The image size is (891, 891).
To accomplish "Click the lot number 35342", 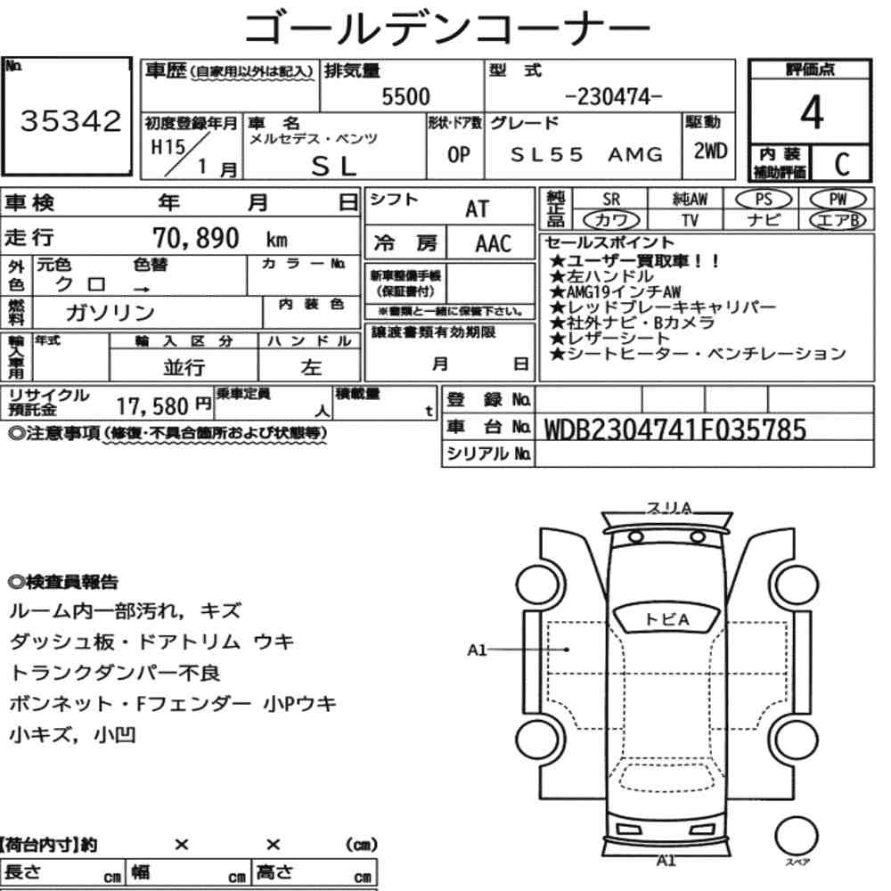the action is tap(71, 120).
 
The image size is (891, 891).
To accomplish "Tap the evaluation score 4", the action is tap(812, 112).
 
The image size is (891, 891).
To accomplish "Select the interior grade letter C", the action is tap(842, 164).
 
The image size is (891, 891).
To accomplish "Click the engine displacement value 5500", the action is tap(405, 96).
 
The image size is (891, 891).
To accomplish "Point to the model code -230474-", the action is tap(614, 96).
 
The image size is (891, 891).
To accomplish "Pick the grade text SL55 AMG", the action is tap(586, 154).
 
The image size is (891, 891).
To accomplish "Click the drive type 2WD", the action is tap(710, 151).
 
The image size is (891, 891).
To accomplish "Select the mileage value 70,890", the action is tap(196, 238).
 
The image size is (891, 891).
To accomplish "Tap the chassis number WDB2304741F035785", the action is tap(675, 429).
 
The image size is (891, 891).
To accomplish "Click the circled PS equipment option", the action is tap(764, 200).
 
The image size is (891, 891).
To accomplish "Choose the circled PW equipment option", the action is tap(838, 200).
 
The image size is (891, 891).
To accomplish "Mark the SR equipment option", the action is tap(611, 200).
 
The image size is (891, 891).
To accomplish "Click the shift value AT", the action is tap(478, 209).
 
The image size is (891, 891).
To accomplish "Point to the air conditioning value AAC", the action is tap(494, 244).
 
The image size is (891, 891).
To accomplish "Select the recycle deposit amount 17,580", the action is tap(152, 406).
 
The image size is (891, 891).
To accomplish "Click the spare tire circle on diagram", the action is tap(796, 836).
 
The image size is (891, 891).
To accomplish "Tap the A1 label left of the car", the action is tap(477, 650).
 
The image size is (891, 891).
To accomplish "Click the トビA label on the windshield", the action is tap(666, 619).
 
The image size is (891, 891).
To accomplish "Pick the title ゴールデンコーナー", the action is tap(446, 27).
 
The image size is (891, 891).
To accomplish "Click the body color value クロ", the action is tap(80, 284).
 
